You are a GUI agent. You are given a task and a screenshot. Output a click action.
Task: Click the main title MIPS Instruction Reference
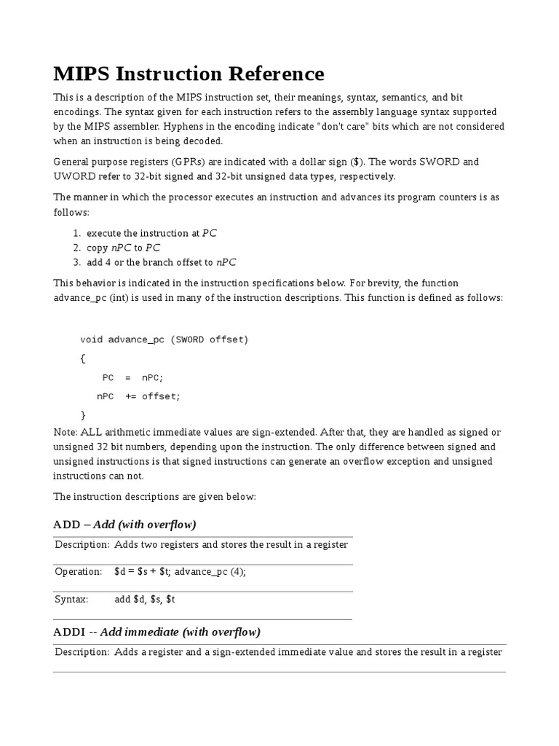tap(189, 74)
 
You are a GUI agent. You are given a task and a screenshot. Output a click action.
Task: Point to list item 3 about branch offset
tap(161, 262)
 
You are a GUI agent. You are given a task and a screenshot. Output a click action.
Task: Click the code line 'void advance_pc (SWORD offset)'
tap(164, 339)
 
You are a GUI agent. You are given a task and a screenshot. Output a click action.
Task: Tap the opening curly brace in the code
tap(83, 358)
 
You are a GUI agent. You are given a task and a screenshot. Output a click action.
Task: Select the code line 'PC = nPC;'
tap(133, 377)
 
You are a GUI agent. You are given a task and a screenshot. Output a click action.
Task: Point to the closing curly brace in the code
tap(83, 415)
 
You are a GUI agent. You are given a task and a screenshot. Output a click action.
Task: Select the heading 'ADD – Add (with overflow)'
tap(124, 525)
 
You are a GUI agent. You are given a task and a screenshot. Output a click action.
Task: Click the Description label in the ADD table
tap(82, 544)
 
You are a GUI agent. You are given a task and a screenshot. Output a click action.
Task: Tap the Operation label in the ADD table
tap(79, 572)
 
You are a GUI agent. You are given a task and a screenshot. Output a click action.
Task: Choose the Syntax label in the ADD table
tap(71, 599)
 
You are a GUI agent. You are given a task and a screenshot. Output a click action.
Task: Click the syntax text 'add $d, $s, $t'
tap(145, 599)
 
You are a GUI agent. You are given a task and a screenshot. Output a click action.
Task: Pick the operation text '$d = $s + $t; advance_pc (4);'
tap(180, 572)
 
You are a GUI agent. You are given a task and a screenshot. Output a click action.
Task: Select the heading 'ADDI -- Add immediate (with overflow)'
tap(156, 632)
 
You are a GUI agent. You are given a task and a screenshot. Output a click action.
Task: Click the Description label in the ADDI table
tap(82, 651)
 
